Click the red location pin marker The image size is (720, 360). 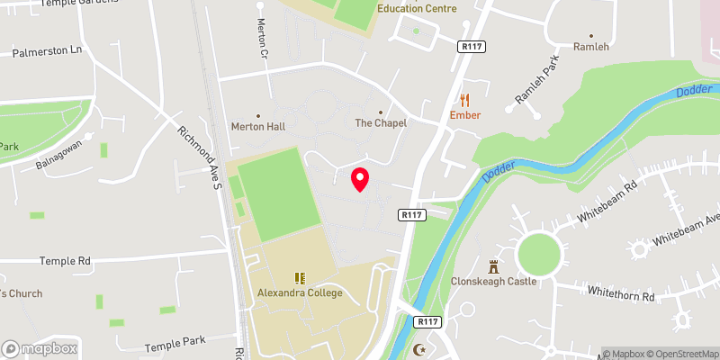point(360,179)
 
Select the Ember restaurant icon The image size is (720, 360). point(465,100)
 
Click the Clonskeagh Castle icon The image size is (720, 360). point(493,266)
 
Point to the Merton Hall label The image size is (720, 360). point(257,127)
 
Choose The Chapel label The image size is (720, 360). point(381,123)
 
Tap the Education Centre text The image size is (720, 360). point(417,9)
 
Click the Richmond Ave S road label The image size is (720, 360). point(200,157)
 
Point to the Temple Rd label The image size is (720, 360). point(65,261)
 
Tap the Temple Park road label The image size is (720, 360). point(175,344)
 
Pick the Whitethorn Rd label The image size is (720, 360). point(618,291)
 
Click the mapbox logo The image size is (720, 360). point(39,348)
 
